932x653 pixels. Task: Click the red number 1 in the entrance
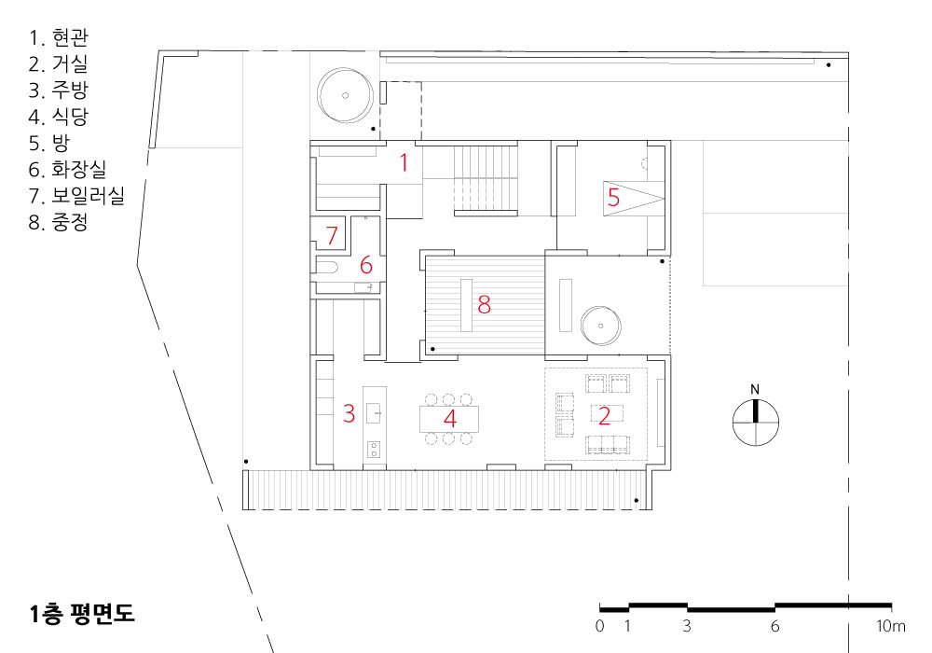(404, 162)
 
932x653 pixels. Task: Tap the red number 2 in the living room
(605, 416)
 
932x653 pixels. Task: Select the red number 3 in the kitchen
(349, 413)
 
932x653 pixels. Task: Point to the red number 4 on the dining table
(450, 419)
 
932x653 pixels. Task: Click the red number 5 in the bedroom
(613, 197)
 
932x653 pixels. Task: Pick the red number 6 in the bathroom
(366, 265)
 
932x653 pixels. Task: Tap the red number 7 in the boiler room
(332, 235)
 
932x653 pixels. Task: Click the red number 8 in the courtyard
(484, 304)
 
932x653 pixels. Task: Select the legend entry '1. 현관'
(58, 37)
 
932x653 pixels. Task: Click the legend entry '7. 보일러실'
(76, 196)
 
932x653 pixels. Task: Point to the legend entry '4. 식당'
(58, 116)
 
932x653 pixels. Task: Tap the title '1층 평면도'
(82, 614)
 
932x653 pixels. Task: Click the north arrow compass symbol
(756, 423)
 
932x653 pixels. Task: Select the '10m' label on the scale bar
(891, 626)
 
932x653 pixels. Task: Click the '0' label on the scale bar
(599, 626)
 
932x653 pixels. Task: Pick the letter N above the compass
(755, 390)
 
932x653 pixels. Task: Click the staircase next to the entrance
(486, 177)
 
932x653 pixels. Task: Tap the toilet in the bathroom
(326, 266)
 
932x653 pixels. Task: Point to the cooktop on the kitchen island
(374, 449)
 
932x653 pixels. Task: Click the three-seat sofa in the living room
(608, 445)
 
